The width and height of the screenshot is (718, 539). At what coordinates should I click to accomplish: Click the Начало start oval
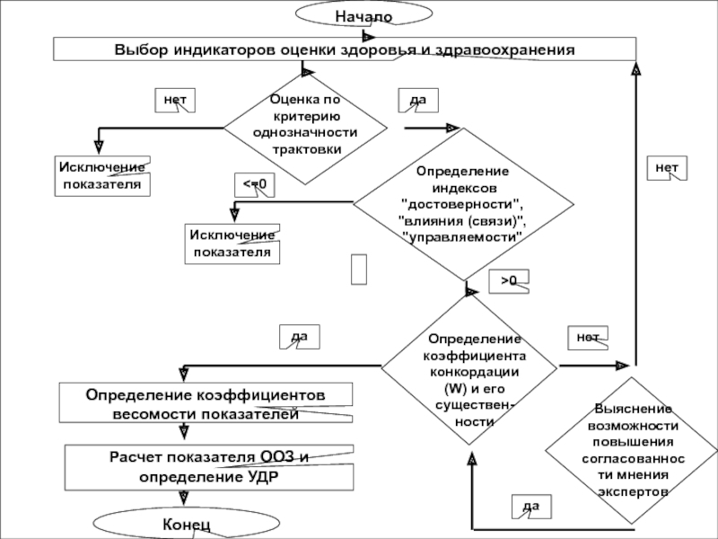[364, 13]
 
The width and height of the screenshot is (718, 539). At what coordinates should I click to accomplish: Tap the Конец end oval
[187, 523]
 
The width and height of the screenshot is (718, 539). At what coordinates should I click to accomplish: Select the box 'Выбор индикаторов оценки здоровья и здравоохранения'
[345, 49]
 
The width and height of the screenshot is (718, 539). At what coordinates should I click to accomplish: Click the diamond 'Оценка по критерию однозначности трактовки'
[305, 128]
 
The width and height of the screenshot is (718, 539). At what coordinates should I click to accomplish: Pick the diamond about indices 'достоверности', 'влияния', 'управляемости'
[463, 204]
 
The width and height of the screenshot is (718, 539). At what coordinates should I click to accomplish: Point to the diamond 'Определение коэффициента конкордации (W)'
[468, 369]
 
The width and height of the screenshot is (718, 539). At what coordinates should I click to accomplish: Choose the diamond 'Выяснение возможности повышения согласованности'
[632, 450]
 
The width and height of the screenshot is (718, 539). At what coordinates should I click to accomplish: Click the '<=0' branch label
[255, 185]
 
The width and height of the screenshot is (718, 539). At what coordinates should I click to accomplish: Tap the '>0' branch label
[509, 281]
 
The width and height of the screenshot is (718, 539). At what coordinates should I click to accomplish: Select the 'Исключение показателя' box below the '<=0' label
[232, 243]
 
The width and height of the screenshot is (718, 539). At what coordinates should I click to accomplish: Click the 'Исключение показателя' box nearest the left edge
[102, 176]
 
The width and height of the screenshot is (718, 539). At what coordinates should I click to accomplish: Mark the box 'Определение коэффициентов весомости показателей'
[206, 402]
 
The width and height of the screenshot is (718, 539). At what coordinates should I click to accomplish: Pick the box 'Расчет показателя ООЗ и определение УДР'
[209, 467]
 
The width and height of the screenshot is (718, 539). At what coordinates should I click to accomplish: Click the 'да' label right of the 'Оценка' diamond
[418, 101]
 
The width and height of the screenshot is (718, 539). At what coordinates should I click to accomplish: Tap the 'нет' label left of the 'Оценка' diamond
[175, 101]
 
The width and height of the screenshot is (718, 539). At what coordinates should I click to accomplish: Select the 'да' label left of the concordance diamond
[300, 337]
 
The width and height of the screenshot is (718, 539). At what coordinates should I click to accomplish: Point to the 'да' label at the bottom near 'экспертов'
[531, 507]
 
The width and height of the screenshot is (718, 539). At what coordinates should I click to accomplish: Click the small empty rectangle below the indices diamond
[359, 269]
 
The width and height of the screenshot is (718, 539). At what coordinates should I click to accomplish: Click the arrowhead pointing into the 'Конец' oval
[184, 498]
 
